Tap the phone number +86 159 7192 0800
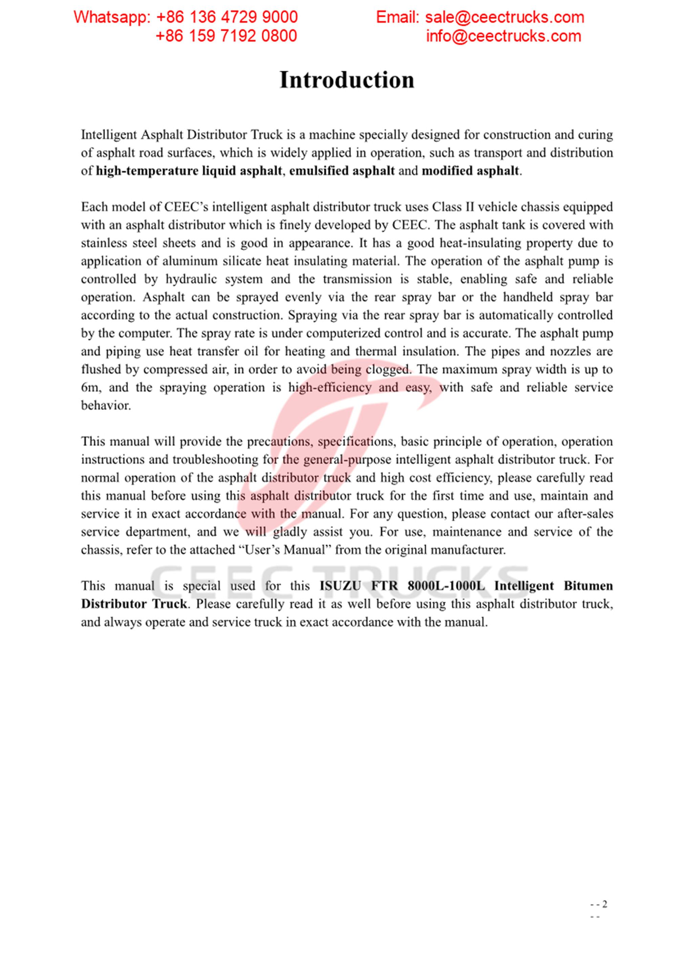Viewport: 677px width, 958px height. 226,36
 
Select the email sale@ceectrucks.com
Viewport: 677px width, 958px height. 504,17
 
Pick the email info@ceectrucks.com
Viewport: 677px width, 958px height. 503,36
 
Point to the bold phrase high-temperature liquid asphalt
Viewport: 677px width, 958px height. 189,171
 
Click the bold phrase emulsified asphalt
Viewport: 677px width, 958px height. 342,171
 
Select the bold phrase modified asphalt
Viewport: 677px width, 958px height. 470,171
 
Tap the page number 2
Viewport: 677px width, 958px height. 605,904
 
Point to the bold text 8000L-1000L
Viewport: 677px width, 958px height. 446,586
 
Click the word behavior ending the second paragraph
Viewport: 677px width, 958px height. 106,406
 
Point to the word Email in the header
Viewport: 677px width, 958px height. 397,17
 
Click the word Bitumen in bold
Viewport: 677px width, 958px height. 588,586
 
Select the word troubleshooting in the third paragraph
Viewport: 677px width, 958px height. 216,460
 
